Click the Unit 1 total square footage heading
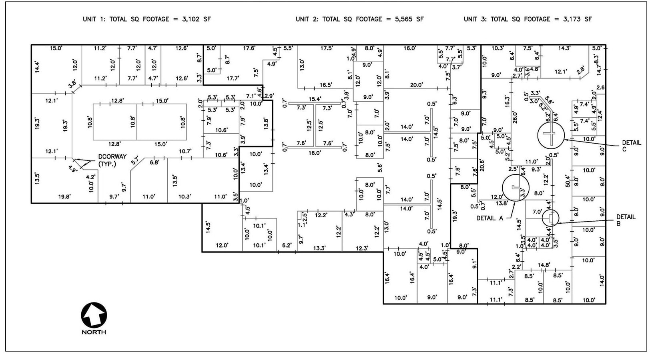(x=146, y=19)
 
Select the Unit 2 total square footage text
(x=359, y=19)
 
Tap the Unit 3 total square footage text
(x=528, y=19)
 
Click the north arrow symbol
(x=94, y=315)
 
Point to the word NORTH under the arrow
(x=94, y=332)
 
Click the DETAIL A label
(x=490, y=218)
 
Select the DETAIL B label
(x=626, y=220)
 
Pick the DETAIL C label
(x=631, y=146)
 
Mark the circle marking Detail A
(x=516, y=187)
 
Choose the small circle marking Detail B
(x=550, y=218)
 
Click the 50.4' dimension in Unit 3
(x=567, y=180)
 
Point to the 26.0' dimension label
(x=515, y=117)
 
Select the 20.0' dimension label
(x=416, y=85)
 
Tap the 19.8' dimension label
(x=64, y=196)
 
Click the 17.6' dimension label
(x=249, y=48)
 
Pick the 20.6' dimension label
(x=482, y=166)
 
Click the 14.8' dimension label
(x=544, y=265)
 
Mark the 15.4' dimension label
(x=315, y=99)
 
